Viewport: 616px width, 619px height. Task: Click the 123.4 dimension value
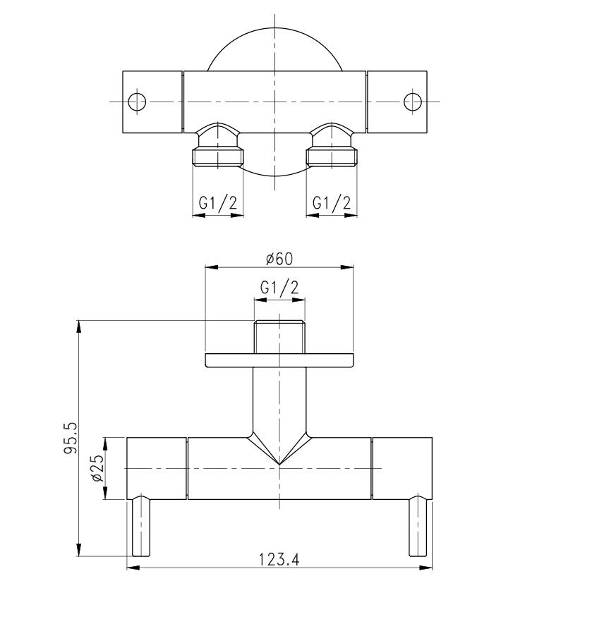click(x=279, y=559)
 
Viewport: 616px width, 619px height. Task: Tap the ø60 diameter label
click(x=279, y=259)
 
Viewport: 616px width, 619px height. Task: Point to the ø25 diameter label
click(x=97, y=468)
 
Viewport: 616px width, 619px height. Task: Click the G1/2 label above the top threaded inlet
click(x=279, y=288)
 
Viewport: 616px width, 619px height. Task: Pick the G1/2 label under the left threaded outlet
click(x=218, y=203)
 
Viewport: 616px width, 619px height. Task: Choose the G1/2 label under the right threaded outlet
click(x=332, y=203)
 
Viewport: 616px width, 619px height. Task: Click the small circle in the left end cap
click(x=137, y=102)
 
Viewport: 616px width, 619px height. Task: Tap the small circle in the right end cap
click(x=413, y=102)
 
